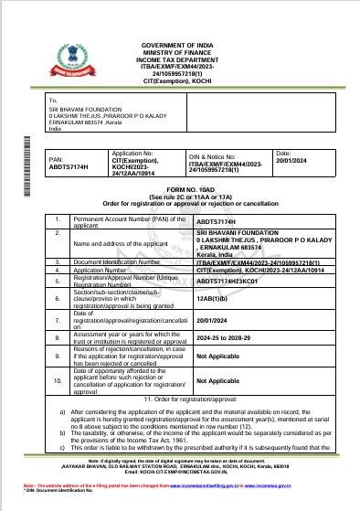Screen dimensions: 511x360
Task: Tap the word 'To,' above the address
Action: [x=53, y=102]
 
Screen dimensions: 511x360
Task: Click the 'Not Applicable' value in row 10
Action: [x=217, y=380]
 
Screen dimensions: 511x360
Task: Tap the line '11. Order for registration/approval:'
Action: [x=180, y=400]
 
